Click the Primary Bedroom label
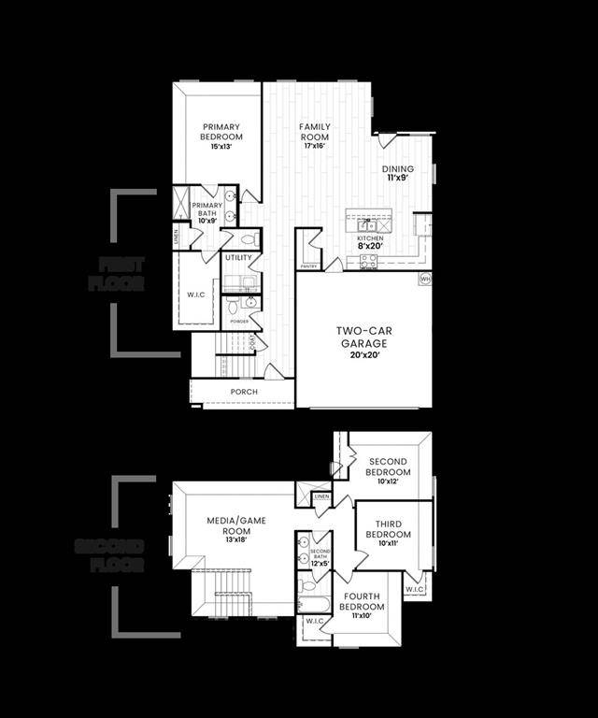(x=221, y=132)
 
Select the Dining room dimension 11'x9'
(x=398, y=178)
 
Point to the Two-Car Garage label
(x=363, y=337)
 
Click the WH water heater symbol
(x=425, y=279)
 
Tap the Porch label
(x=244, y=392)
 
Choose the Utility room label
(x=238, y=257)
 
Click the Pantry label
(x=308, y=266)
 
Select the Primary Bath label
(x=207, y=210)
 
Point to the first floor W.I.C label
(x=195, y=294)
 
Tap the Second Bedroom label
(x=388, y=467)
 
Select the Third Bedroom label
(x=393, y=529)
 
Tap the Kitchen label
(x=370, y=238)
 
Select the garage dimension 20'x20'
(x=363, y=355)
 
